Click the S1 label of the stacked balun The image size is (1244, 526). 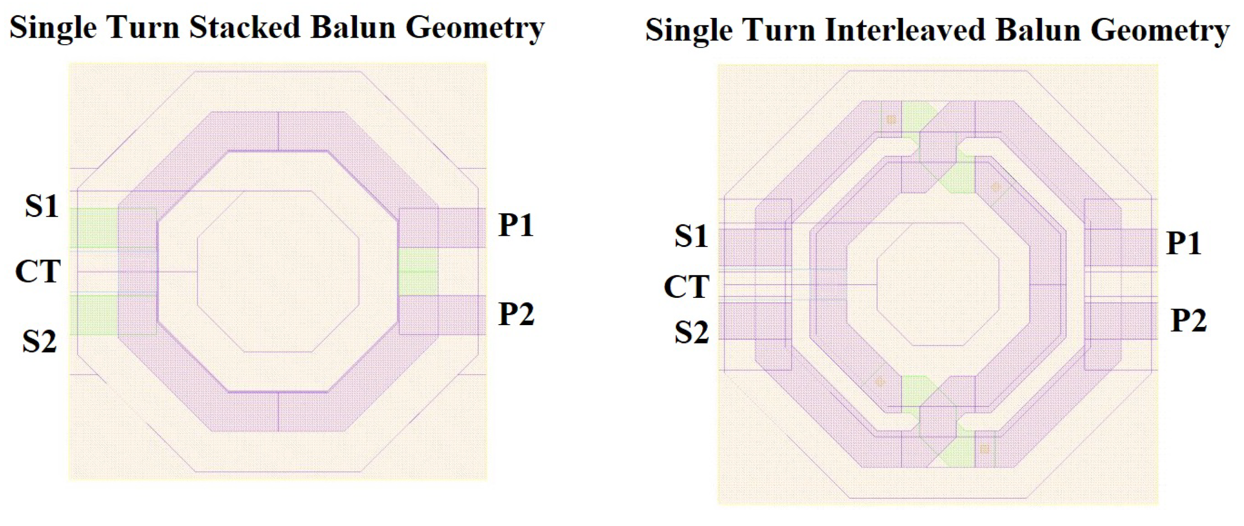tap(41, 206)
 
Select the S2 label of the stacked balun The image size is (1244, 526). tap(40, 342)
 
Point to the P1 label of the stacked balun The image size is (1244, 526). tap(516, 225)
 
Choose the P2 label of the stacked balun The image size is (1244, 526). tap(516, 314)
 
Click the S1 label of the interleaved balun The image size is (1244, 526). tap(691, 237)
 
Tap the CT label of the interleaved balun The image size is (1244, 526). tap(686, 287)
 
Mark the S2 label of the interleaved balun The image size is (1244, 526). tap(691, 332)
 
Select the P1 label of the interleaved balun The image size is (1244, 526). tap(1184, 243)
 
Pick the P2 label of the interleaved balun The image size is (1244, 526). tap(1189, 320)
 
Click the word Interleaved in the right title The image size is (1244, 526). tap(905, 30)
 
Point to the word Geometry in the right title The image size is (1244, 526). tap(1159, 30)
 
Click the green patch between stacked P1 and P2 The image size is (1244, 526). tap(418, 271)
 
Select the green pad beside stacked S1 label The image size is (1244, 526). tap(94, 228)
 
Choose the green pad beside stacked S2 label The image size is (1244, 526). tap(94, 315)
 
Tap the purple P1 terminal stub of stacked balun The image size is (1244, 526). tap(461, 228)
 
